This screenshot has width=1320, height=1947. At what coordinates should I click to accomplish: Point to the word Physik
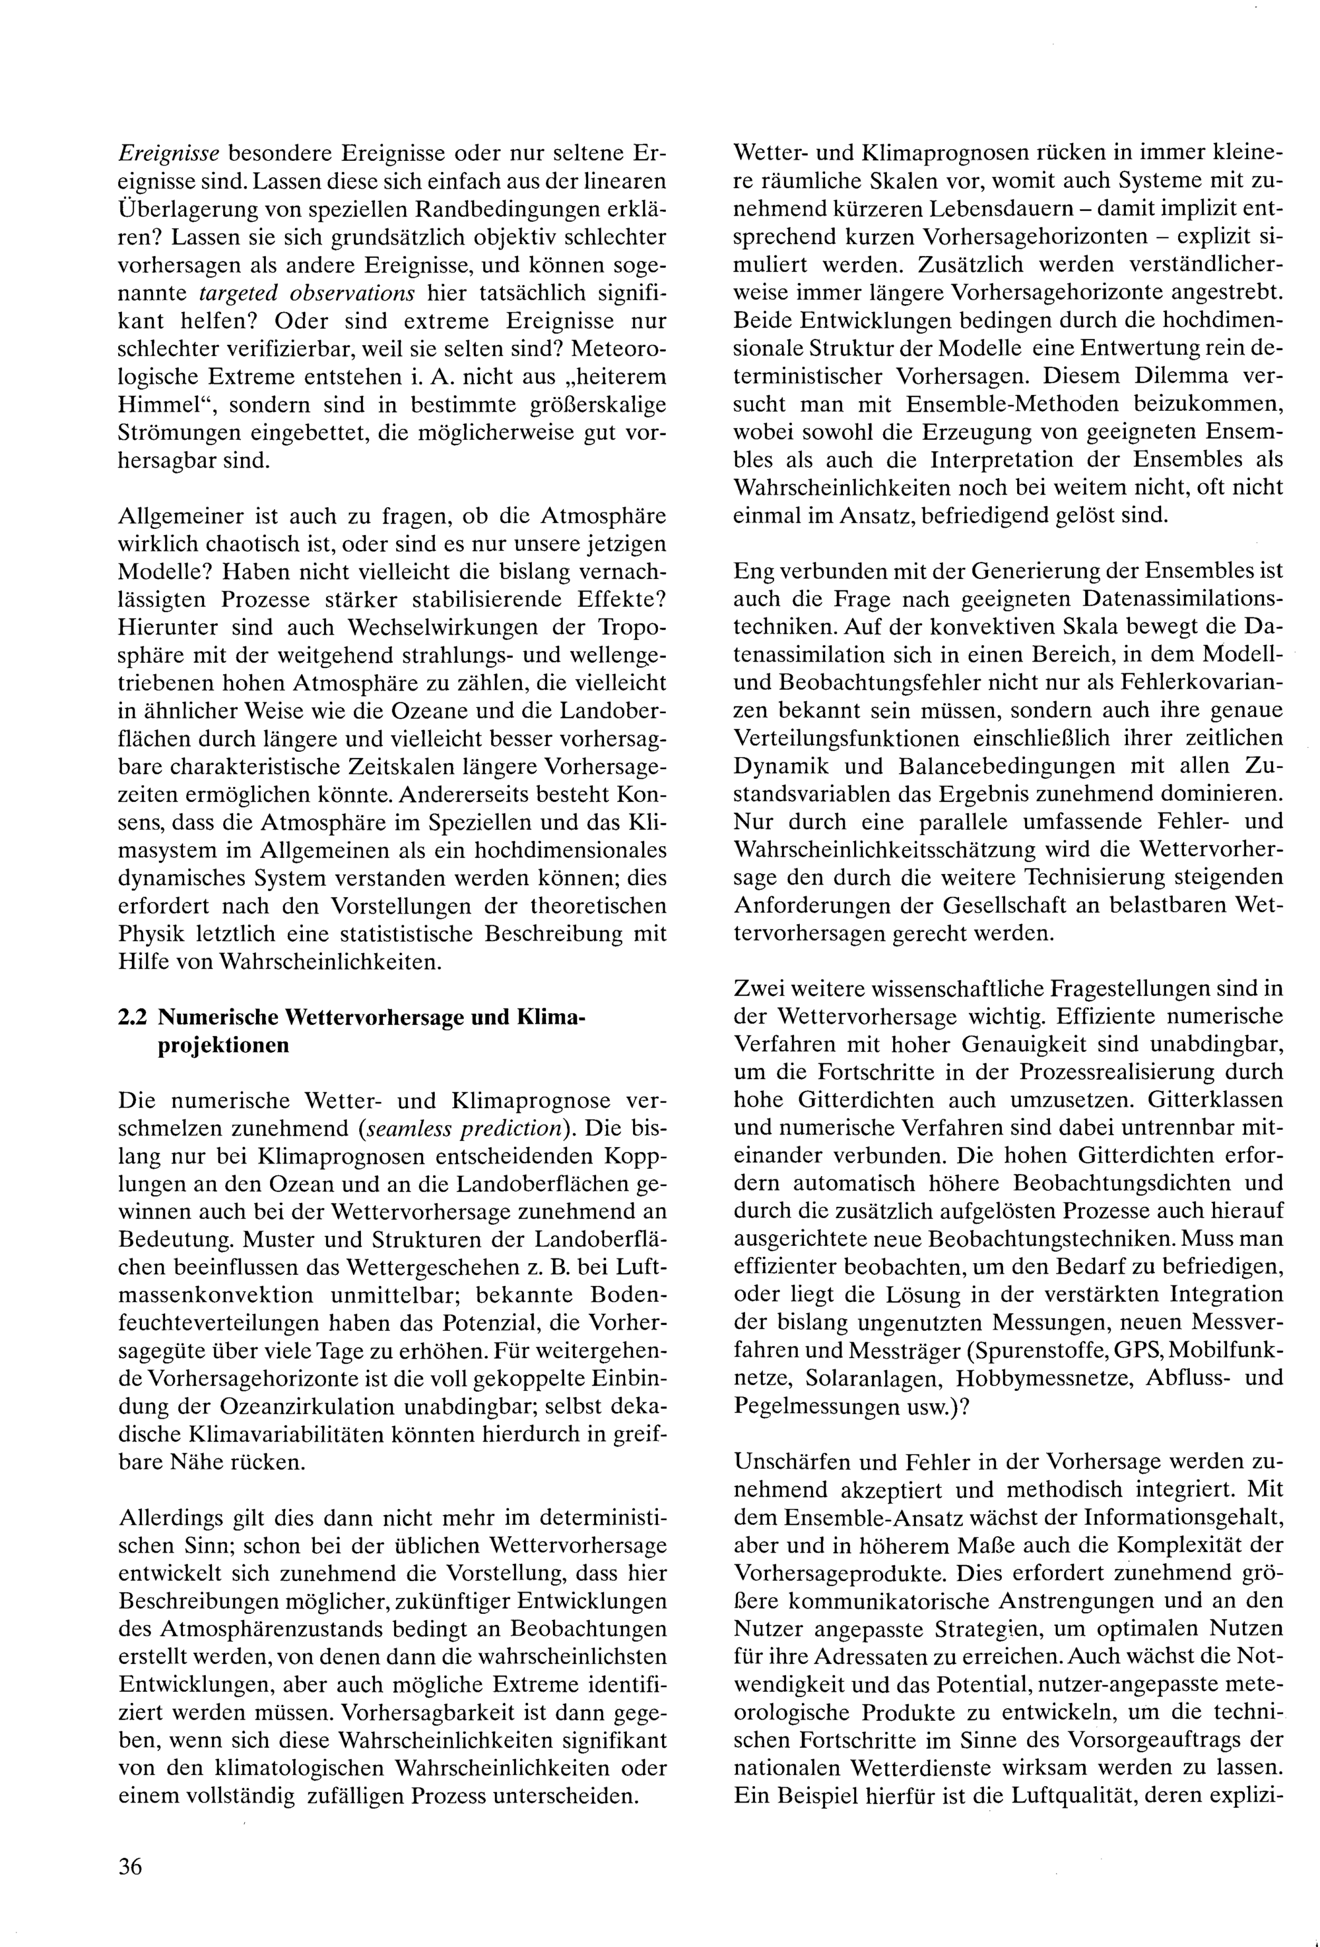click(152, 933)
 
